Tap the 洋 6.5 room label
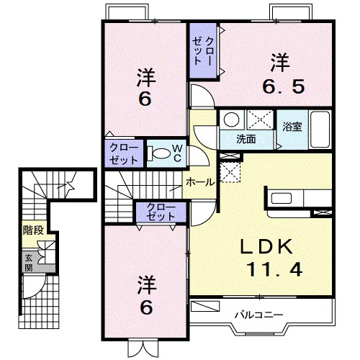click(x=284, y=73)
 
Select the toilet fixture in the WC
click(x=159, y=153)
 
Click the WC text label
click(x=178, y=153)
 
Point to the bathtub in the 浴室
click(x=320, y=130)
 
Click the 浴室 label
click(x=292, y=127)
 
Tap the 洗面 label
click(x=246, y=139)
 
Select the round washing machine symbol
click(x=231, y=120)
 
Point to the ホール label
click(x=200, y=182)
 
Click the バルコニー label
click(x=259, y=315)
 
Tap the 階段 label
click(x=33, y=230)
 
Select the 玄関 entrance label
click(x=29, y=263)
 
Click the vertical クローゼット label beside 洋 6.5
click(x=202, y=50)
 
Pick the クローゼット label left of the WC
click(x=124, y=154)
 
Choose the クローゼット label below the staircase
click(x=161, y=212)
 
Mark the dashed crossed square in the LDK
click(x=230, y=172)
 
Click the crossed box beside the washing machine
click(x=261, y=120)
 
